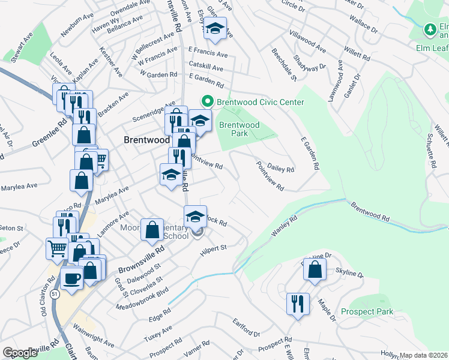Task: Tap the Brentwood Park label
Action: [x=239, y=129]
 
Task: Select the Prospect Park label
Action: [x=367, y=311]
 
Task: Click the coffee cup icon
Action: [x=72, y=279]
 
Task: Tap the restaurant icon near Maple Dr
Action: [x=298, y=304]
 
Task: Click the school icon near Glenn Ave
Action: [x=214, y=28]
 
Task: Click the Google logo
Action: [x=20, y=353]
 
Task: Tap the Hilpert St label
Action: [x=213, y=248]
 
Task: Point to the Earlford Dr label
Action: [x=247, y=331]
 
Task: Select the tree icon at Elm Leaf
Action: [x=430, y=29]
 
